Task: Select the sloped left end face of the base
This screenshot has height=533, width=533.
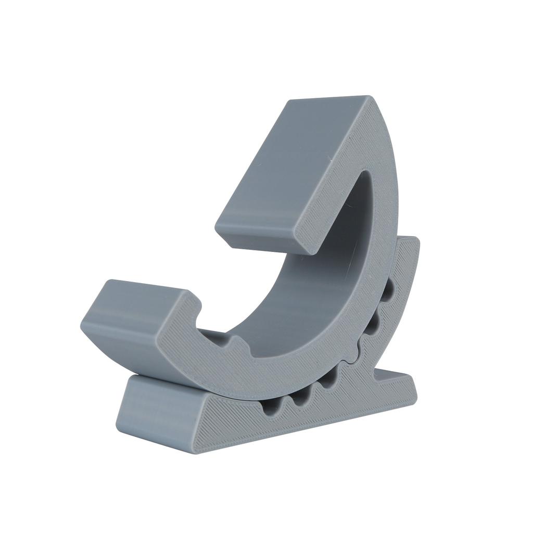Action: pyautogui.click(x=156, y=406)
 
